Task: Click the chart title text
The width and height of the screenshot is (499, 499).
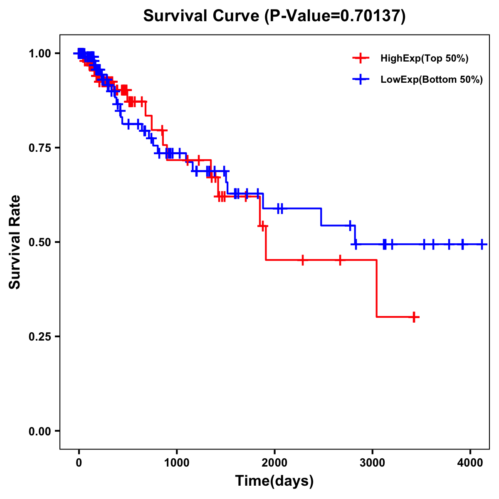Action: click(x=274, y=16)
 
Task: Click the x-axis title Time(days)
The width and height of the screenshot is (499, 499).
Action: click(x=274, y=481)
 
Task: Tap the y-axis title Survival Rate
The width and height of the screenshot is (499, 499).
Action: click(x=15, y=242)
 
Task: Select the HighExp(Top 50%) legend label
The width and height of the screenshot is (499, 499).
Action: click(x=425, y=59)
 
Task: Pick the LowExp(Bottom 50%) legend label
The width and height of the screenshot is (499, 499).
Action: click(x=432, y=80)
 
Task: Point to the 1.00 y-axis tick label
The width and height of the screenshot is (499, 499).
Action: click(x=40, y=54)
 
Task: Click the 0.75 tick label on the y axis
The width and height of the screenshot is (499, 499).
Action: click(x=40, y=148)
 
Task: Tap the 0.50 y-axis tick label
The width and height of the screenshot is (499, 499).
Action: click(x=40, y=242)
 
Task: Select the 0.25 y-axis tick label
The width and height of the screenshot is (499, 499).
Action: click(x=40, y=337)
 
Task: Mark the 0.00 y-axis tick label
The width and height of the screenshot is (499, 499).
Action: click(x=40, y=431)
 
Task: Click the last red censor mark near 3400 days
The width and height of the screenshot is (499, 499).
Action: click(x=413, y=317)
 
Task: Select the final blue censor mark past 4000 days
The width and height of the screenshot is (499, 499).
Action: click(x=482, y=245)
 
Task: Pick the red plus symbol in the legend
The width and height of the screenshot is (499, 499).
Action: click(x=361, y=58)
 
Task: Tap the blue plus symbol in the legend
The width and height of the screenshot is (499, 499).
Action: click(x=361, y=79)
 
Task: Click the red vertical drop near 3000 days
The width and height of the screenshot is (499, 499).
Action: click(x=377, y=289)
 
